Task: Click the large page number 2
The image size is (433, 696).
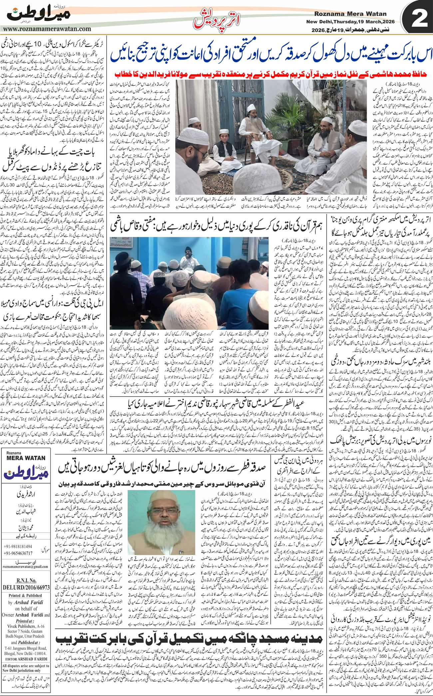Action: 419,19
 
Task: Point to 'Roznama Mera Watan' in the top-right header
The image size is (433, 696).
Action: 350,14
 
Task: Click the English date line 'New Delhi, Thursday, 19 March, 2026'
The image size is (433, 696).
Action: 350,22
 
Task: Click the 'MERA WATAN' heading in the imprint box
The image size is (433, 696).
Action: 26,458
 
